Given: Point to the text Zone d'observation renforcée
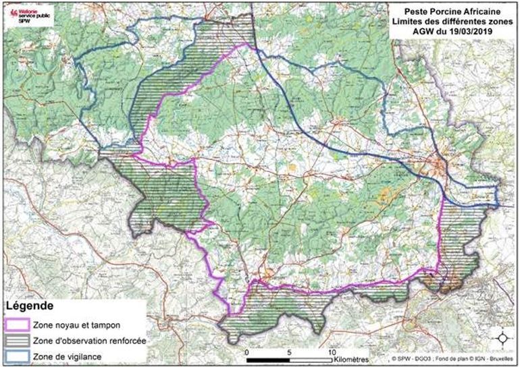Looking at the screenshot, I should click(x=93, y=340).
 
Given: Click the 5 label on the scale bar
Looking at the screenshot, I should click(x=289, y=353).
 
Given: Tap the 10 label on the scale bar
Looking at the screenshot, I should click(x=330, y=353).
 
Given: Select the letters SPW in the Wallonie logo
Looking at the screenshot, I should click(x=25, y=20).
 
